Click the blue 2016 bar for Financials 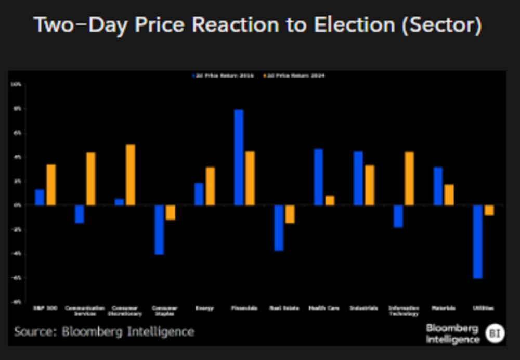(x=239, y=157)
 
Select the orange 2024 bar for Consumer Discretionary (x=131, y=175)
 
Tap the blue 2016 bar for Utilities (x=477, y=241)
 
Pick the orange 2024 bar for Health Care (x=330, y=200)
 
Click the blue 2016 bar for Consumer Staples (x=159, y=229)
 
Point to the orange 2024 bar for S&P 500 (x=51, y=185)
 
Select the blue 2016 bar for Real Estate (x=279, y=228)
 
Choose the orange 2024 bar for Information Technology (x=409, y=178)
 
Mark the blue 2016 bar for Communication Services (x=79, y=214)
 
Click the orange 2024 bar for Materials (x=449, y=195)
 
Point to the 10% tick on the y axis (x=16, y=84)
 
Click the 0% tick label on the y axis (x=17, y=205)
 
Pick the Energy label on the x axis (x=204, y=308)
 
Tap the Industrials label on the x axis (x=363, y=308)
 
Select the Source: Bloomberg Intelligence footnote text (x=104, y=332)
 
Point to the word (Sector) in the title (x=441, y=25)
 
